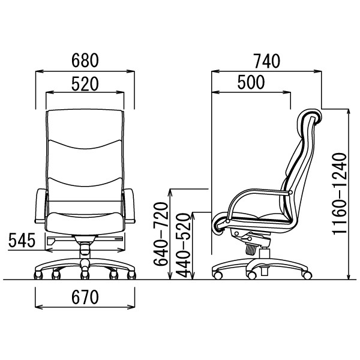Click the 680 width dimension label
tap(85, 61)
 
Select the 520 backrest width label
tap(85, 84)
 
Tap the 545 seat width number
tap(22, 241)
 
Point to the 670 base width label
tap(85, 297)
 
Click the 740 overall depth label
tap(266, 61)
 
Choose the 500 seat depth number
tap(251, 82)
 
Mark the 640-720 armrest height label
tap(161, 234)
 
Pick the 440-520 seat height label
tap(184, 245)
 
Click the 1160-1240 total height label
tap(340, 194)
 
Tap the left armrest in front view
tap(40, 206)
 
